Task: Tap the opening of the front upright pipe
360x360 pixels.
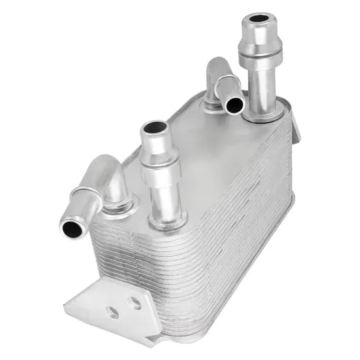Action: pyautogui.click(x=153, y=129)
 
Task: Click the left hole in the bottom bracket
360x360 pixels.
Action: pyautogui.click(x=113, y=313)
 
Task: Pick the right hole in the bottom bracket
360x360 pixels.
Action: pyautogui.click(x=135, y=302)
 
